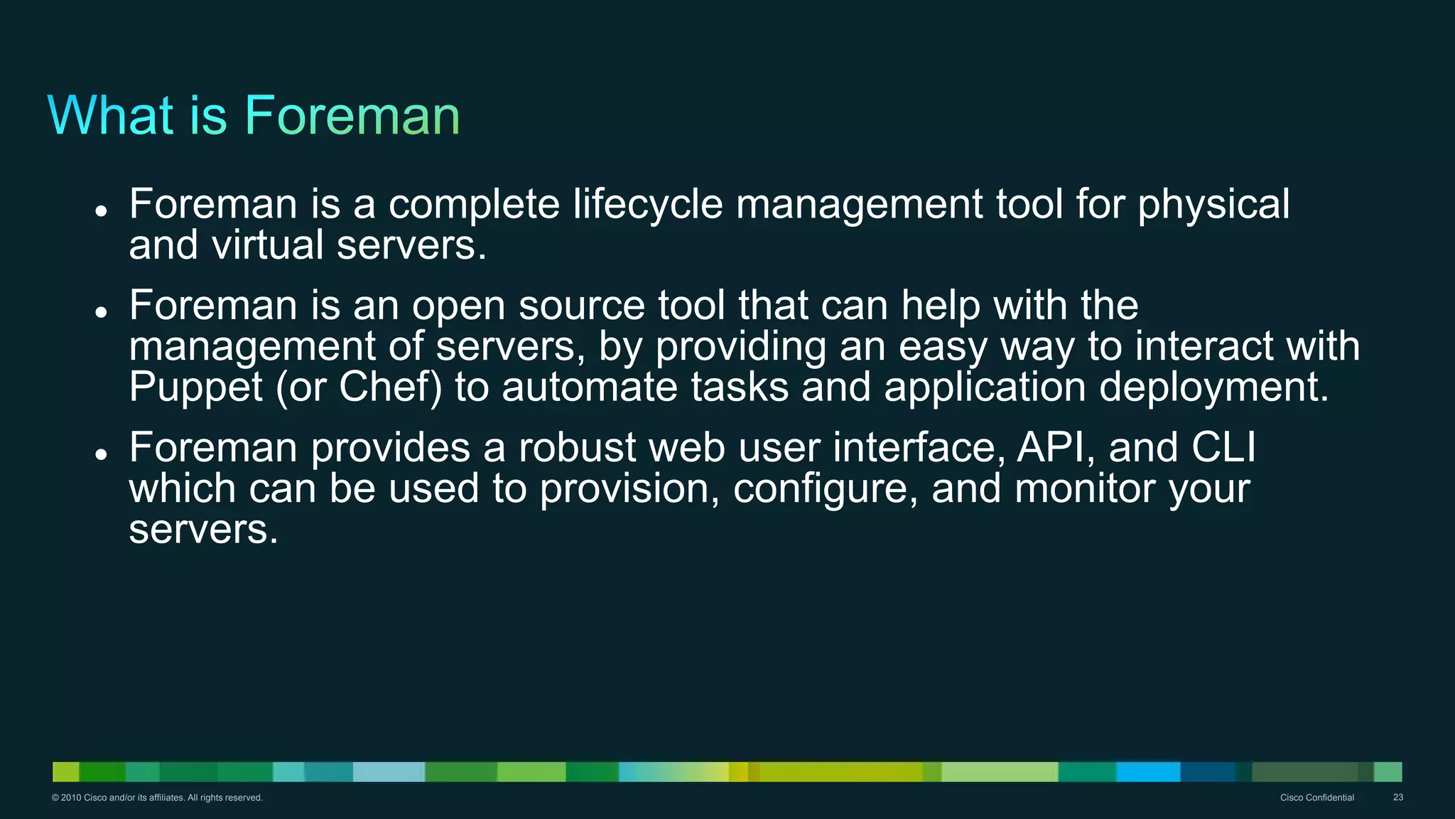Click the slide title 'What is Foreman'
pyautogui.click(x=254, y=115)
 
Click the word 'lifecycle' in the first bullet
pyautogui.click(x=648, y=205)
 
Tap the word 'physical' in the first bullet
pyautogui.click(x=1213, y=205)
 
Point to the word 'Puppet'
pyautogui.click(x=196, y=387)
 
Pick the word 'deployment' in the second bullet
pyautogui.click(x=1213, y=387)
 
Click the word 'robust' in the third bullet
pyautogui.click(x=577, y=448)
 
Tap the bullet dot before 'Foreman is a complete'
pyautogui.click(x=101, y=210)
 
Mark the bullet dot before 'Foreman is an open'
pyautogui.click(x=101, y=311)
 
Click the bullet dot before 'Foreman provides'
pyautogui.click(x=101, y=454)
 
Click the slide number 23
pyautogui.click(x=1397, y=798)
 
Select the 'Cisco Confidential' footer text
pyautogui.click(x=1316, y=798)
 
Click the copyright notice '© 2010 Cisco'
pyautogui.click(x=157, y=798)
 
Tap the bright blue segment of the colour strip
pyautogui.click(x=1148, y=771)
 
